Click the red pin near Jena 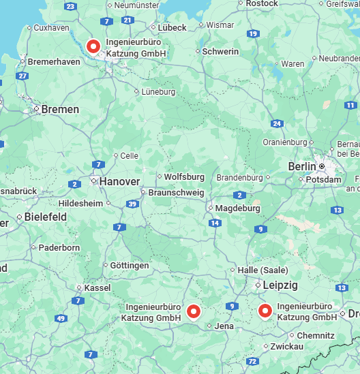[194, 312]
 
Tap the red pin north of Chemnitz [265, 311]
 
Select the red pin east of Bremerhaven [93, 46]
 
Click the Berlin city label [302, 166]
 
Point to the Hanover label [119, 182]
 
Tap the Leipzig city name [280, 285]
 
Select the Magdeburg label [238, 208]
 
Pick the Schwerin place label [221, 52]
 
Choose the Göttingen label [130, 265]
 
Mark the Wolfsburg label [184, 177]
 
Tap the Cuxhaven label [50, 28]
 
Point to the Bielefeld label [45, 217]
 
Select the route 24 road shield [277, 123]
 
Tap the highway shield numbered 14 [215, 223]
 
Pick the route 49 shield [61, 318]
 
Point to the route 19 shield [253, 33]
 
